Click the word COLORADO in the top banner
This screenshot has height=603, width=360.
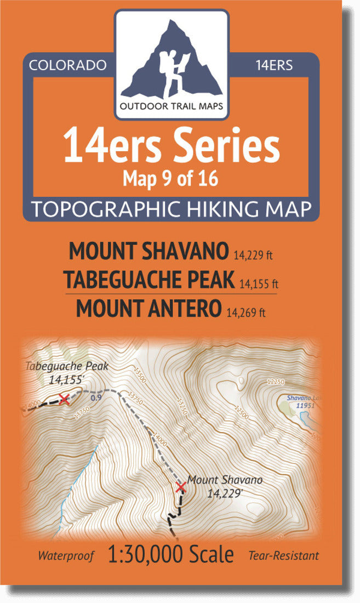coord(67,65)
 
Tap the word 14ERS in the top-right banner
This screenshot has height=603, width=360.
coord(274,65)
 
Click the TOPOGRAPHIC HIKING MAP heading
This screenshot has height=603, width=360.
coord(172,209)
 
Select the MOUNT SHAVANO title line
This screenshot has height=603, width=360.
coord(148,251)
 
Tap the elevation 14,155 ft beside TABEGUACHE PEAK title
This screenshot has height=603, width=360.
coord(260,284)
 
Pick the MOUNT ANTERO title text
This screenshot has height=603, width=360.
coord(147,309)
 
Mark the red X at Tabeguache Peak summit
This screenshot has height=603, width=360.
coord(64,399)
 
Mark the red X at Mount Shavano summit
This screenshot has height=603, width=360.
coord(180,487)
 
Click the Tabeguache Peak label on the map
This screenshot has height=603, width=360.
coord(67,366)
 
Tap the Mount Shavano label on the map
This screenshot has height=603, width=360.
coord(225,480)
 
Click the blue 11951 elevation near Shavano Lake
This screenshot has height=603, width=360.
coord(304,406)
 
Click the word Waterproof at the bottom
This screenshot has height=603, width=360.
coord(66,556)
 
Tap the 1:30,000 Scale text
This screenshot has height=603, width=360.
coord(171,554)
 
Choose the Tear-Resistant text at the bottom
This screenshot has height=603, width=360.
coord(283,556)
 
